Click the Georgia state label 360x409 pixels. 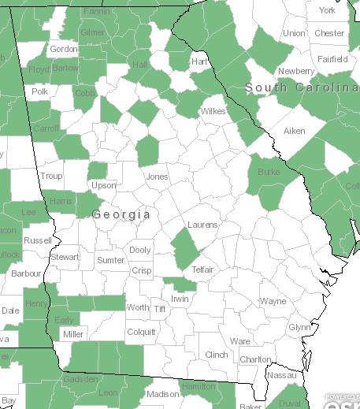(x=121, y=214)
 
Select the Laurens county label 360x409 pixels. (x=202, y=225)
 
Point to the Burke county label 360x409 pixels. (x=269, y=170)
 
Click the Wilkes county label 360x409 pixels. (x=213, y=111)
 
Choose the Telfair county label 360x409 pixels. (x=202, y=270)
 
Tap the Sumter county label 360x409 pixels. (x=110, y=259)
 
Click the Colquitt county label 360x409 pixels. (x=141, y=331)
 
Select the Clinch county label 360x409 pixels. (x=216, y=355)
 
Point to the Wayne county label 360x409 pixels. (x=273, y=301)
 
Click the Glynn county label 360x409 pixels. (x=299, y=326)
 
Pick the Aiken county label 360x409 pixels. (x=294, y=130)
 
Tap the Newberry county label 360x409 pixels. (x=296, y=71)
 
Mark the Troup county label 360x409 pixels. (x=51, y=177)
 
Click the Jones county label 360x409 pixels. (x=157, y=177)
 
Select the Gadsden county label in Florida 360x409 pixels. (x=82, y=379)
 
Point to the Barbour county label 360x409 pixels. (x=26, y=273)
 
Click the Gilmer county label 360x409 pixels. (x=92, y=32)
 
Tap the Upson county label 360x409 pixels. (x=104, y=186)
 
